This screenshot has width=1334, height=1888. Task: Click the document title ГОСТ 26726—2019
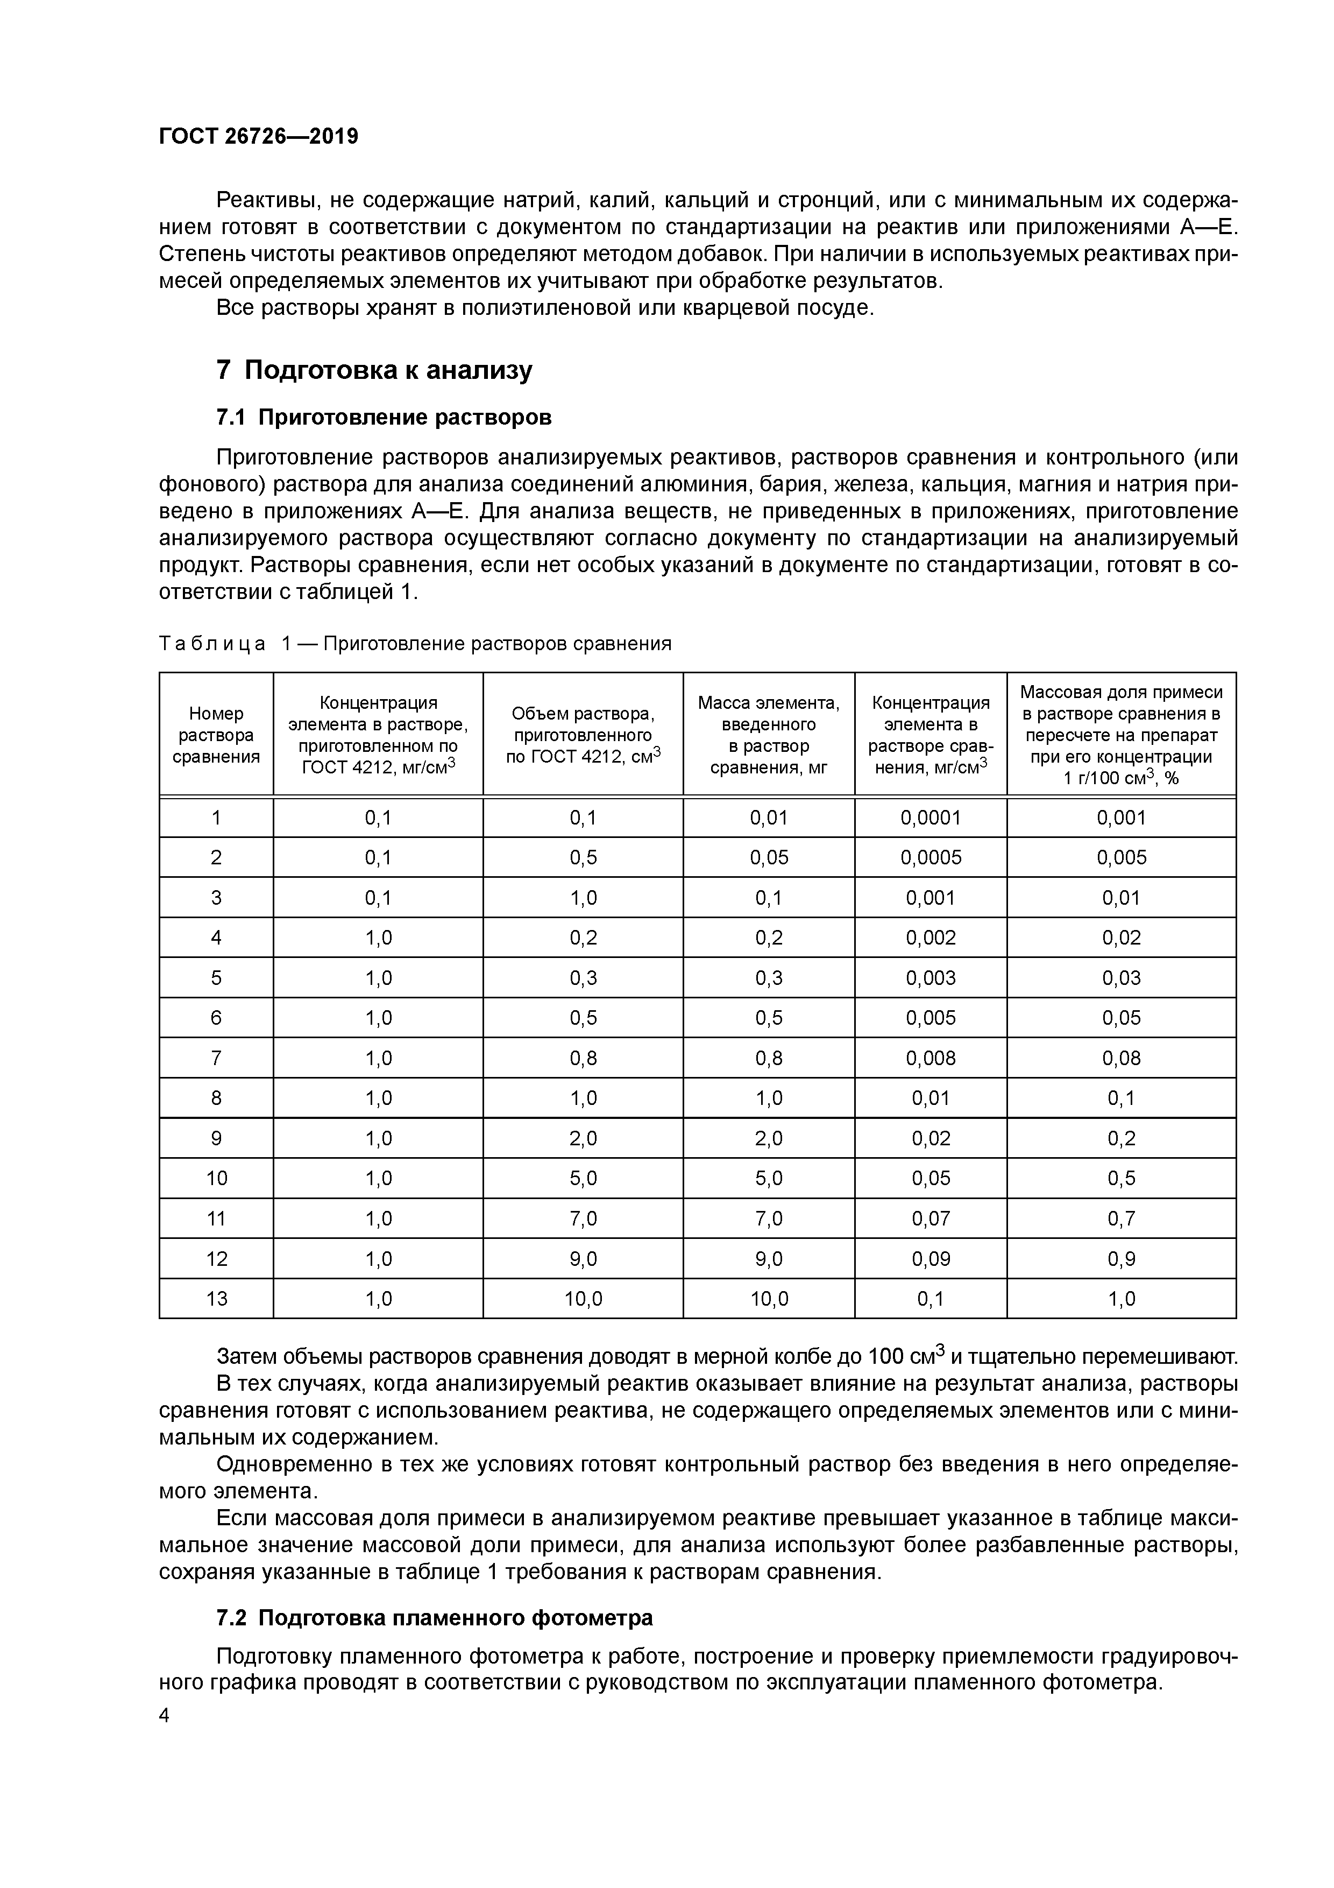258,137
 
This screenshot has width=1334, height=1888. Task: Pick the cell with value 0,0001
931,818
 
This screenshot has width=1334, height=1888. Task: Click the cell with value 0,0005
931,858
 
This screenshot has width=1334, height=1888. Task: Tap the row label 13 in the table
216,1299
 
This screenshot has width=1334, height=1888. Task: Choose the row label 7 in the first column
216,1058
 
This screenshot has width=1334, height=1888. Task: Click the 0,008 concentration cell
931,1058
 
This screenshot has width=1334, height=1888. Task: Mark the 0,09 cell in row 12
931,1259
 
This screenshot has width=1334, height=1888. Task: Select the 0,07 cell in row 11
931,1218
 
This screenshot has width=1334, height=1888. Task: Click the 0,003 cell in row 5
931,978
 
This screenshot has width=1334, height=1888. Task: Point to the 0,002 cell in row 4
931,938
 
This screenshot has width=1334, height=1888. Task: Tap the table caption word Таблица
212,644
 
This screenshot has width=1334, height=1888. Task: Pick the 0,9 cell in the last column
1121,1259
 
